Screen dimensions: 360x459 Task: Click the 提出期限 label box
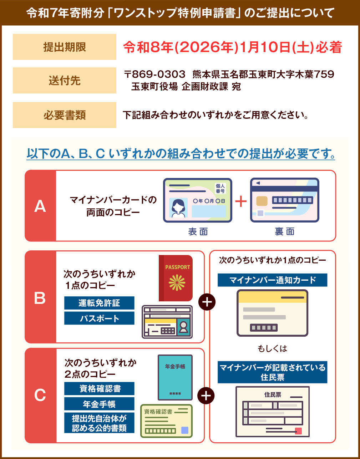click(x=65, y=47)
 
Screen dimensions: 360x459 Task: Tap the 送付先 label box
click(x=65, y=81)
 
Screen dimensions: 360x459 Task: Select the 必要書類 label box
click(x=65, y=115)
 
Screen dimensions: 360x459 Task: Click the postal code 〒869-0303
click(x=154, y=74)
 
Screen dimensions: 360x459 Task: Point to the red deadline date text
click(x=233, y=47)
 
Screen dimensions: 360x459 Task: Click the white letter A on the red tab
click(x=40, y=206)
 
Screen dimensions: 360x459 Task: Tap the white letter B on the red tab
click(x=40, y=298)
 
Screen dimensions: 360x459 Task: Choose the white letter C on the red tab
click(x=40, y=395)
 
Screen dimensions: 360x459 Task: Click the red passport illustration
click(x=176, y=278)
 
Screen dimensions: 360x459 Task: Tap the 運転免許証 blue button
click(x=99, y=303)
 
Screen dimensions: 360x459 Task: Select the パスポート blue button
click(x=99, y=318)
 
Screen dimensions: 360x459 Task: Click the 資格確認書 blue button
click(x=99, y=389)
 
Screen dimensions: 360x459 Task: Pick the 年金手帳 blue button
click(x=99, y=404)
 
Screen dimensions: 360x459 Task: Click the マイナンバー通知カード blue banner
click(x=273, y=280)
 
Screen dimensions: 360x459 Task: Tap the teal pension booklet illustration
click(x=175, y=377)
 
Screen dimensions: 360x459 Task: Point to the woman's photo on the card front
click(x=178, y=208)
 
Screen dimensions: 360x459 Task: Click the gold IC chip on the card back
click(x=262, y=201)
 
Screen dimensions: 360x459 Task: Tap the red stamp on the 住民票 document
click(x=298, y=431)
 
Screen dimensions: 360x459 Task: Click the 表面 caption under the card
click(x=198, y=232)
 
